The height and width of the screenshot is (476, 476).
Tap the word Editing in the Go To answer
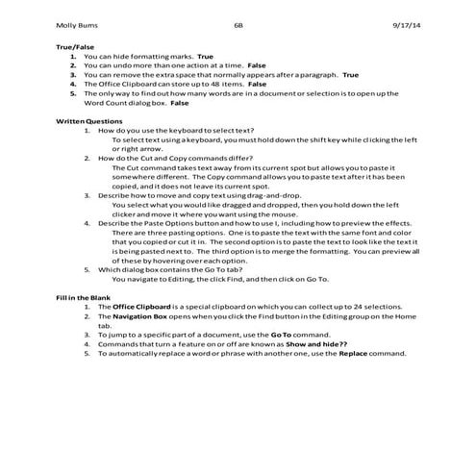[169, 279]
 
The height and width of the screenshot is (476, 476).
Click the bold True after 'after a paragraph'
[350, 74]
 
